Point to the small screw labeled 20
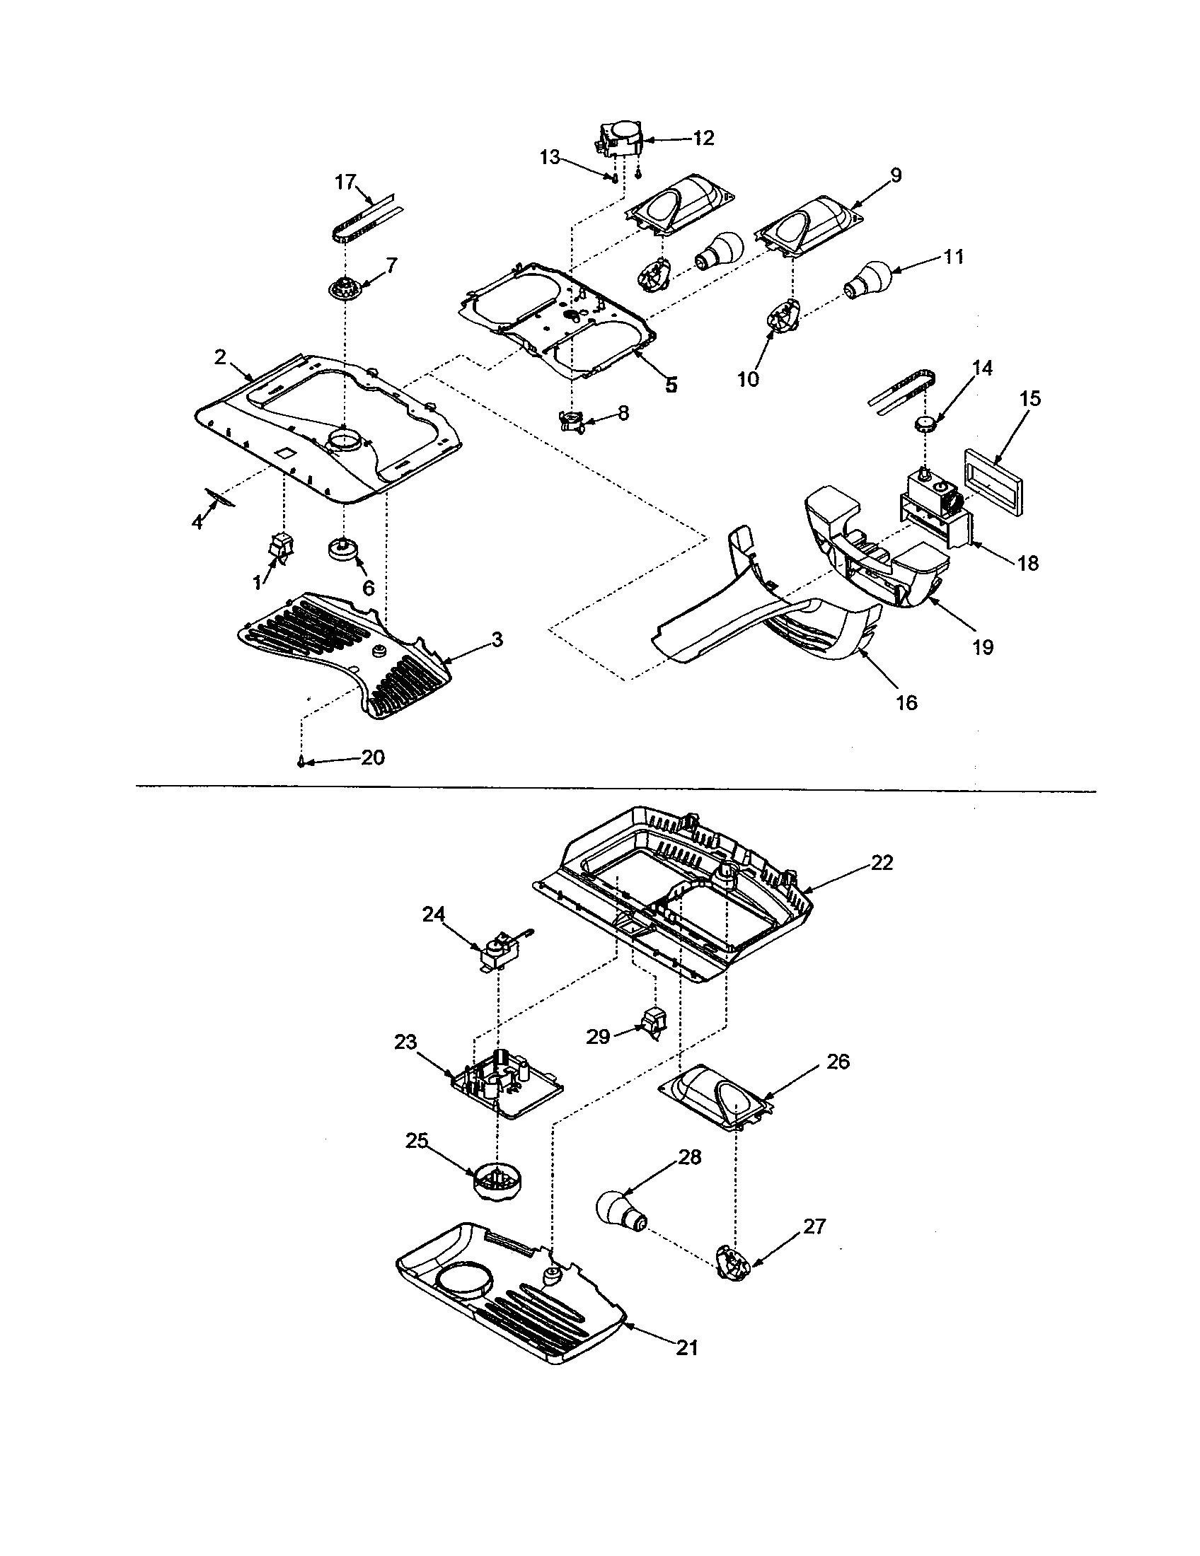pos(302,762)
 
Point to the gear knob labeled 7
pos(345,290)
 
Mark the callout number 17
pos(345,182)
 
